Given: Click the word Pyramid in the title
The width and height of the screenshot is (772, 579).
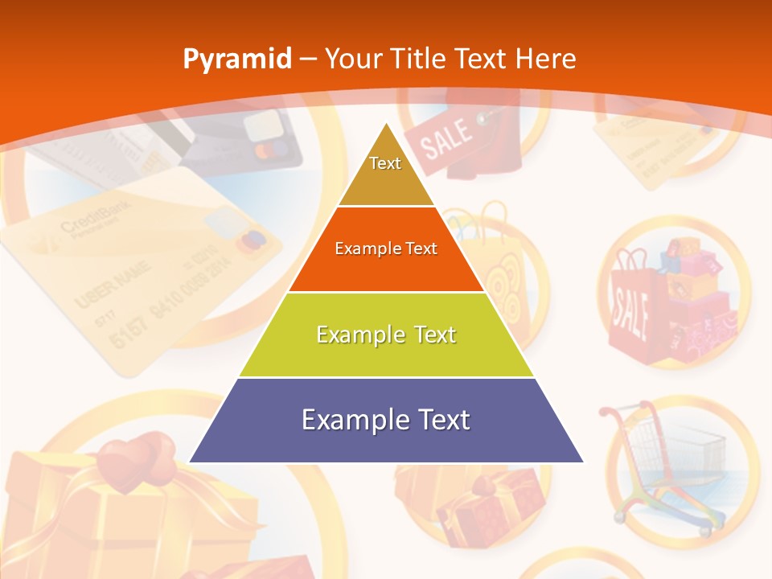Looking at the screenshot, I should (x=236, y=59).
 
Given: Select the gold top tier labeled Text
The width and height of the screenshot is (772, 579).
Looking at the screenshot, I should (x=385, y=173).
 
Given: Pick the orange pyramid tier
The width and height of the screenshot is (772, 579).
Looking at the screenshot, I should (x=386, y=249).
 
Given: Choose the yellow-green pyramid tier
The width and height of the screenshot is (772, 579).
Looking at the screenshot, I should (x=386, y=335).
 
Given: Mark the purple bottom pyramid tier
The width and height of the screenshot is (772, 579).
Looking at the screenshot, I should (x=386, y=420).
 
